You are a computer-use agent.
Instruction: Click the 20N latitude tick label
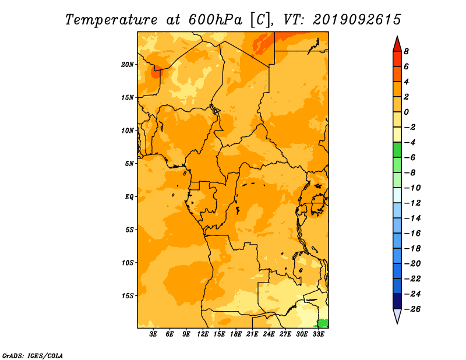128,65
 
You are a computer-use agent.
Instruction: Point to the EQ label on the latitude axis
129,197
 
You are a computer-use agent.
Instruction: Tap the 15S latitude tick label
128,296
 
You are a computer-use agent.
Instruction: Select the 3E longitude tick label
153,334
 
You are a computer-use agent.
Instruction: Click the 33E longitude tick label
318,334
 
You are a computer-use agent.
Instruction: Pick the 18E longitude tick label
236,334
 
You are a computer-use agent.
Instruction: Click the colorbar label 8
406,51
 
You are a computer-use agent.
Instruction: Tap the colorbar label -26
412,309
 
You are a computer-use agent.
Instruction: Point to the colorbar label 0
406,112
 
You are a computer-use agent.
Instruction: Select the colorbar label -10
412,188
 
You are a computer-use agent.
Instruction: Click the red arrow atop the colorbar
397,44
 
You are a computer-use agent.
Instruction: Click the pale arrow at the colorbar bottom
397,316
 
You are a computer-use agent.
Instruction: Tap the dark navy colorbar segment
397,301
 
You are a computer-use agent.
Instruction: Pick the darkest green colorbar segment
397,150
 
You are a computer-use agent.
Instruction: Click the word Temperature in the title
111,20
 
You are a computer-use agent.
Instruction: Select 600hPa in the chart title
216,20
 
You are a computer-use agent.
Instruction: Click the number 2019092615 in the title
357,20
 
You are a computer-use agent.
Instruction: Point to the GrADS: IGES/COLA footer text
33,355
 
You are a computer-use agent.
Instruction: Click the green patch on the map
323,323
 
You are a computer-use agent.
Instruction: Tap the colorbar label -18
412,249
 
